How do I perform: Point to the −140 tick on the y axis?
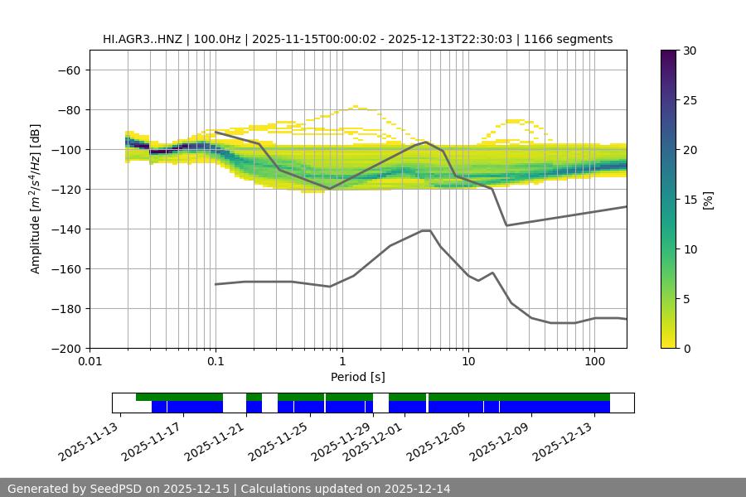[x=66, y=229]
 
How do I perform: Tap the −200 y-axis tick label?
[x=66, y=349]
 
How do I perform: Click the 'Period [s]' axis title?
[x=358, y=377]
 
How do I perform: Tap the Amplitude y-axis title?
[x=35, y=199]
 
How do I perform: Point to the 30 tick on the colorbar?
[x=689, y=51]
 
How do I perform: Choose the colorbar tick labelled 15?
[x=689, y=200]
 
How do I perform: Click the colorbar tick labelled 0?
[x=685, y=349]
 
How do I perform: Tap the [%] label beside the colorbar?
[x=708, y=200]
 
